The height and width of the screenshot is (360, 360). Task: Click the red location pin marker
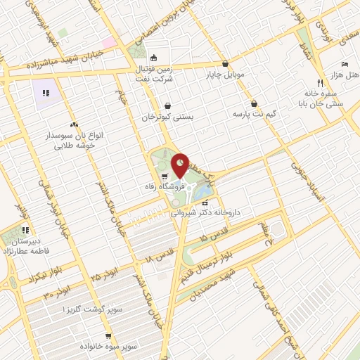180,166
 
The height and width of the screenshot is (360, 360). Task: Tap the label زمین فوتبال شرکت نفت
155,72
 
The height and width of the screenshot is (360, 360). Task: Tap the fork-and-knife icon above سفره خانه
319,82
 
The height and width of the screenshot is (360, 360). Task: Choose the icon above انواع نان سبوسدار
74,124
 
